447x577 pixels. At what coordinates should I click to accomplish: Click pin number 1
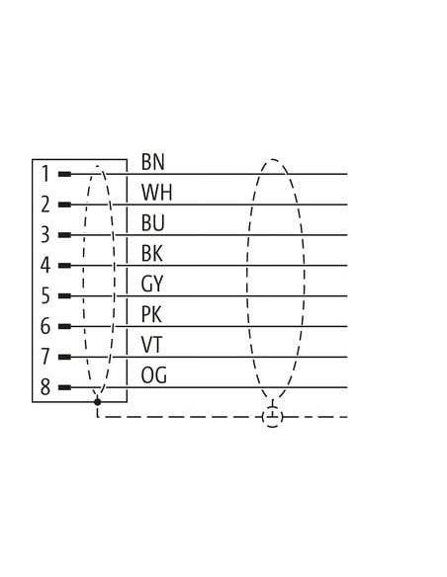pyautogui.click(x=45, y=174)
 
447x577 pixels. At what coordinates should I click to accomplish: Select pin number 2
pyautogui.click(x=45, y=205)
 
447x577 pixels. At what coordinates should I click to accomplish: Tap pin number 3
pyautogui.click(x=45, y=235)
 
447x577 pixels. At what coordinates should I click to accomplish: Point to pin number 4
pyautogui.click(x=45, y=266)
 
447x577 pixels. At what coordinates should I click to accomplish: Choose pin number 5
pyautogui.click(x=45, y=295)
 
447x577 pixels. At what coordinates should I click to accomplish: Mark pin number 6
pyautogui.click(x=45, y=326)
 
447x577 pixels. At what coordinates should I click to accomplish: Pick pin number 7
pyautogui.click(x=45, y=357)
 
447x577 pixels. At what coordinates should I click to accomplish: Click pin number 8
pyautogui.click(x=45, y=387)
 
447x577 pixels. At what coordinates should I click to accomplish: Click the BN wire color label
pyautogui.click(x=152, y=162)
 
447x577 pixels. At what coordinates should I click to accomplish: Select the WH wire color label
pyautogui.click(x=156, y=193)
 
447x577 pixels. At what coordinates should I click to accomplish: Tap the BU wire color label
pyautogui.click(x=152, y=223)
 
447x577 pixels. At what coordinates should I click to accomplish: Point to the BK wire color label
pyautogui.click(x=151, y=254)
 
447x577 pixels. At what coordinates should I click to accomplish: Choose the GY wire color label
pyautogui.click(x=151, y=285)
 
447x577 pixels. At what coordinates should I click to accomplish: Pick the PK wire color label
pyautogui.click(x=151, y=314)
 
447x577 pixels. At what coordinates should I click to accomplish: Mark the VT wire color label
pyautogui.click(x=151, y=345)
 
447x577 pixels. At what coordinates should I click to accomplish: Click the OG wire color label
pyautogui.click(x=153, y=375)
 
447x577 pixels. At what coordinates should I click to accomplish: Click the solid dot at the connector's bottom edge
pyautogui.click(x=97, y=402)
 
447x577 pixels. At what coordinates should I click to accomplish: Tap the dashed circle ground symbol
pyautogui.click(x=273, y=417)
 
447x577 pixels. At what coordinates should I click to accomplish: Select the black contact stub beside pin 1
pyautogui.click(x=65, y=174)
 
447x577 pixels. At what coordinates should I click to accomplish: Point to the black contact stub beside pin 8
pyautogui.click(x=65, y=387)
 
